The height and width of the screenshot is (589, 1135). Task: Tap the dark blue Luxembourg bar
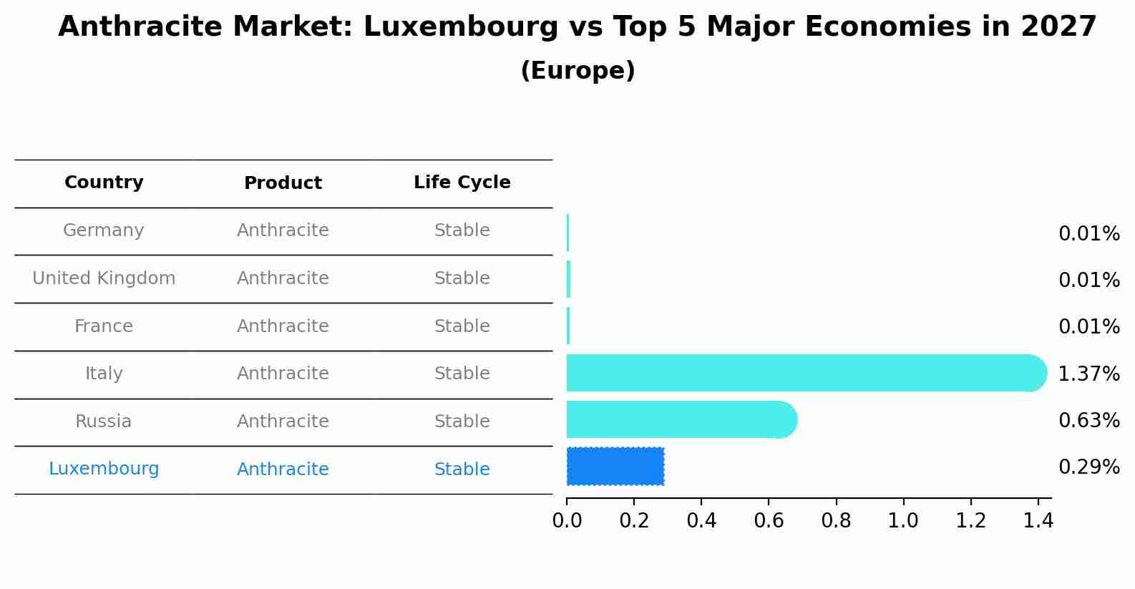coord(615,467)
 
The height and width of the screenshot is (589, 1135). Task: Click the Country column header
coord(104,182)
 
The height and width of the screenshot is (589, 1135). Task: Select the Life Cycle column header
coord(462,182)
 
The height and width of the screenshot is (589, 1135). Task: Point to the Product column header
coord(283,183)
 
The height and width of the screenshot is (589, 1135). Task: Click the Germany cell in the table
coord(104,230)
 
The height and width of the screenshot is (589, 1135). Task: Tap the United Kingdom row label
coord(104,278)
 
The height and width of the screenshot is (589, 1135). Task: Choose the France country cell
coord(104,326)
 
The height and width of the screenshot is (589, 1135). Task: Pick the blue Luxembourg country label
coord(104,469)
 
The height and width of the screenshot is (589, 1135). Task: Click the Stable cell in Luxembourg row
coord(462,469)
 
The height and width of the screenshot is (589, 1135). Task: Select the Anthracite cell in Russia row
coord(283,422)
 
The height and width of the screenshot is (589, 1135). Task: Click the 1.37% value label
coord(1088,374)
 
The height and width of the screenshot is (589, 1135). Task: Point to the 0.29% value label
coord(1088,467)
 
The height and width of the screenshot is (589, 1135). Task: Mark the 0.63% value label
coord(1088,420)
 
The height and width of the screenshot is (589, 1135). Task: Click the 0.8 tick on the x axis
coord(836,521)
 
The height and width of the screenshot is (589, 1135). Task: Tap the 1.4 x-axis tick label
coord(1038,521)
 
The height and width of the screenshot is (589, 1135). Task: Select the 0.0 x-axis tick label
coord(567,521)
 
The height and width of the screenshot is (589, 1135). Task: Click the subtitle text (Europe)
coord(578,71)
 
